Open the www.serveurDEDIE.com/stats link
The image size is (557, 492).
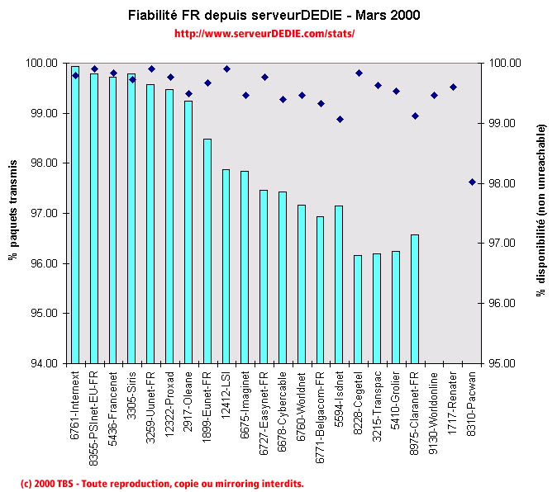[x=264, y=34]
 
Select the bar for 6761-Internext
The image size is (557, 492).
[x=75, y=215]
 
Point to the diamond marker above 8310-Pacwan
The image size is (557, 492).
[x=472, y=182]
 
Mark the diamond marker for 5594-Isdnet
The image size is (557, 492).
[x=340, y=119]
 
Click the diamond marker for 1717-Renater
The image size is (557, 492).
[x=453, y=87]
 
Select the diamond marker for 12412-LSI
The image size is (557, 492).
[x=226, y=69]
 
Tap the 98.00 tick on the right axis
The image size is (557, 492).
[x=504, y=183]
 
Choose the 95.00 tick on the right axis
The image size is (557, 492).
[x=504, y=363]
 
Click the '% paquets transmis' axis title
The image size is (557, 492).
[x=13, y=213]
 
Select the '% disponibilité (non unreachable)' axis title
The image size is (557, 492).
[x=542, y=212]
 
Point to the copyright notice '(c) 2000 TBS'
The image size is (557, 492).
[x=162, y=483]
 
